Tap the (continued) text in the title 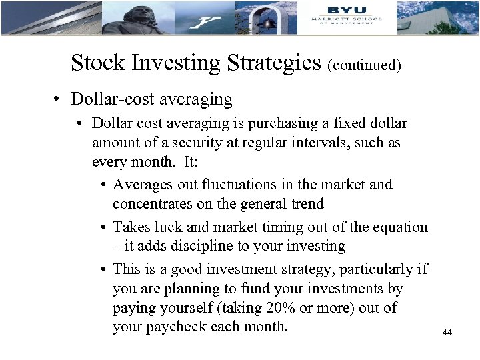364,65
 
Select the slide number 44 447,333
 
